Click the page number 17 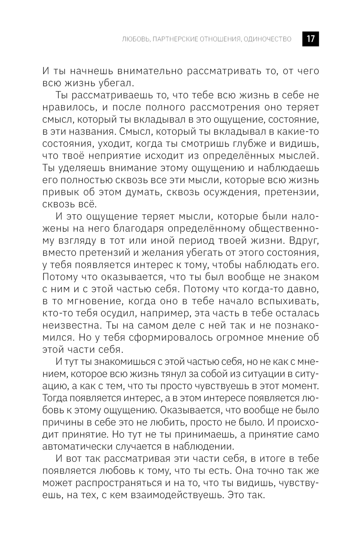(310, 39)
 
